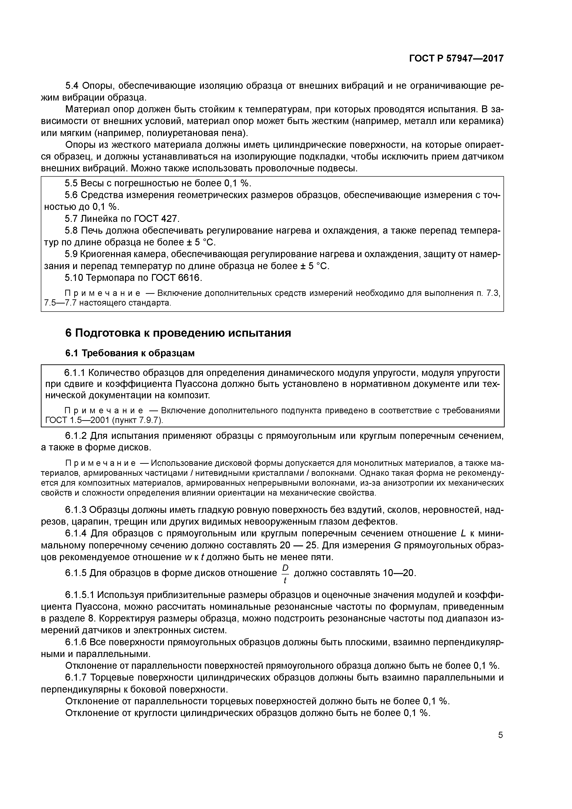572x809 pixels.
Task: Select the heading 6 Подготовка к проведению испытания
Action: (x=178, y=333)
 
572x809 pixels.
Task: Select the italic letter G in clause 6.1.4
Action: (x=397, y=545)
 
